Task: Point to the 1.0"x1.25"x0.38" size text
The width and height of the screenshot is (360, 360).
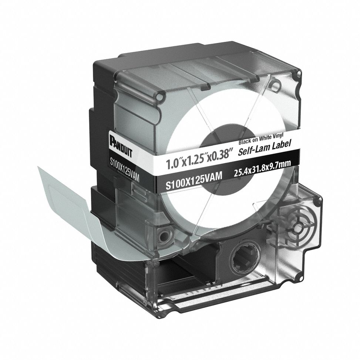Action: [x=196, y=159]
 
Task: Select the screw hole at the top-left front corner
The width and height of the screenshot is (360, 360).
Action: [x=159, y=97]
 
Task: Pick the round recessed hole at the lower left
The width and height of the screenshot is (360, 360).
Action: [x=162, y=234]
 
